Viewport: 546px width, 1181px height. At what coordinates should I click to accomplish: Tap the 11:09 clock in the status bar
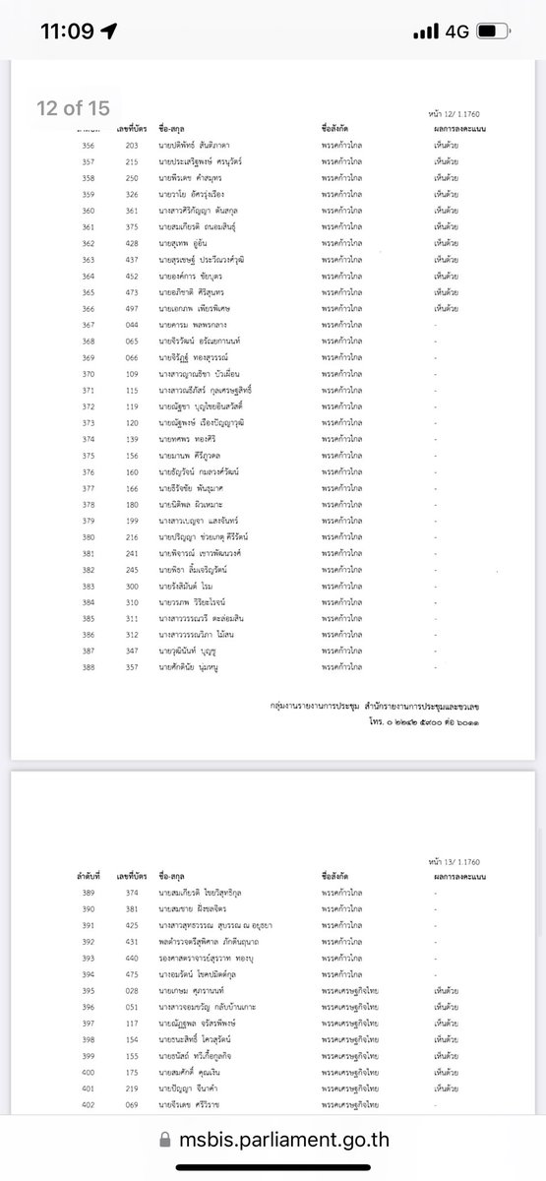coord(67,31)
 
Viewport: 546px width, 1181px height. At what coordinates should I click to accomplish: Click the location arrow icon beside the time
coord(108,31)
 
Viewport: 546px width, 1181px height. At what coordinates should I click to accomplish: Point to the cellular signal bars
coord(426,31)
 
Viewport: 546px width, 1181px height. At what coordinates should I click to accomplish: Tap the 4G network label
coord(456,31)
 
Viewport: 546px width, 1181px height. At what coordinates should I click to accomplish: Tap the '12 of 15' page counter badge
coord(73,108)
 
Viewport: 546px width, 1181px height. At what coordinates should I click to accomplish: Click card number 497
coord(131,308)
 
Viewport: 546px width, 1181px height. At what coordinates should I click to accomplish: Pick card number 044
coord(131,325)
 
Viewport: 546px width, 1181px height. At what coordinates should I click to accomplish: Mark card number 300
coord(131,586)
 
